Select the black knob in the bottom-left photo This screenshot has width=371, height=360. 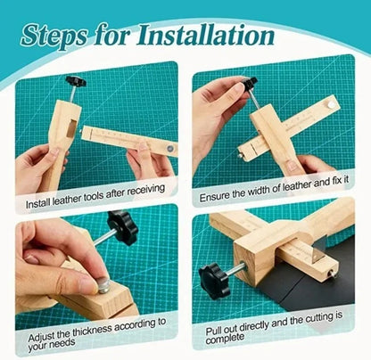(x=121, y=226)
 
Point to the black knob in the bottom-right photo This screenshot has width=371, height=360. (x=214, y=280)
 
